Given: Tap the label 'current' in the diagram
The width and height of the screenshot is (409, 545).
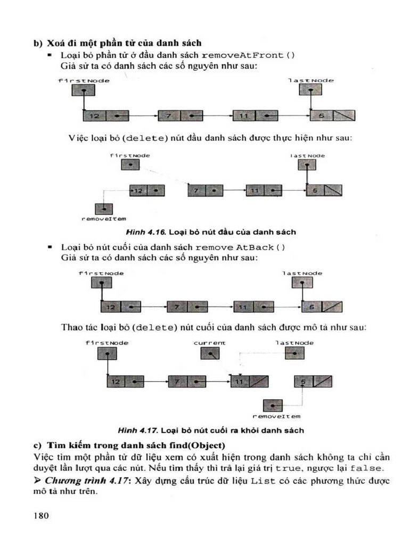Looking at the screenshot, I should (209, 343).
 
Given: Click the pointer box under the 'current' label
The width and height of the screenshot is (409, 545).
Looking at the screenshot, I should (210, 354).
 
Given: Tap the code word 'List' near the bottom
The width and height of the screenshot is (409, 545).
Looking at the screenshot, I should (263, 481).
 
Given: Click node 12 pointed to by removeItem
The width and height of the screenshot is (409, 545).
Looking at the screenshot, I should (147, 190).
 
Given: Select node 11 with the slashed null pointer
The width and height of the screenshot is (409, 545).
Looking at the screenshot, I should (249, 381).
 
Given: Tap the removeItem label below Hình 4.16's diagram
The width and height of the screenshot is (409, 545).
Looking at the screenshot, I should (100, 219).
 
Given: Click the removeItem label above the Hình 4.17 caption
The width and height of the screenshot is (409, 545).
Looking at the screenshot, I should (276, 416).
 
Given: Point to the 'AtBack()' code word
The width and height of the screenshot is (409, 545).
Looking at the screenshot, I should (260, 247).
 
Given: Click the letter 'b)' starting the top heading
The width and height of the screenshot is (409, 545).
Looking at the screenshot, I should (38, 43).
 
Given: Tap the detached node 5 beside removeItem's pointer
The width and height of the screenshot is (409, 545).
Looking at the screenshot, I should (313, 381).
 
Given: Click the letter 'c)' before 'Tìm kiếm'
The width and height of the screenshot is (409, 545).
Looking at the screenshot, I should (38, 445).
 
